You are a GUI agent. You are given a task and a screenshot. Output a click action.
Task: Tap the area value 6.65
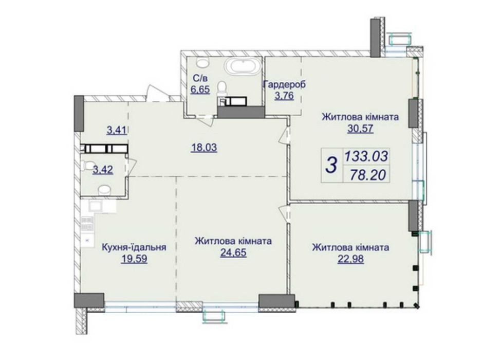200,89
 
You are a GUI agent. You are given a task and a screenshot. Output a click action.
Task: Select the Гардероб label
284,85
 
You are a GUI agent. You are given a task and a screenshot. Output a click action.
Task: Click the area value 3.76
284,96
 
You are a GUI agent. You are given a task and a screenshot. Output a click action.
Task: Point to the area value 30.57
360,129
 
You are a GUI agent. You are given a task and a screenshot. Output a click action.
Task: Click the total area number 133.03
366,157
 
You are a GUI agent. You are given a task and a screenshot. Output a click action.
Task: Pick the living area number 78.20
368,174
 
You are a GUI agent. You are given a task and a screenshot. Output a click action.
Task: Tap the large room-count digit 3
332,165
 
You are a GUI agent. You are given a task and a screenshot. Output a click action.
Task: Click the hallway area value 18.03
204,148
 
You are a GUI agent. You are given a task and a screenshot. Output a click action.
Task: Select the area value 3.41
116,130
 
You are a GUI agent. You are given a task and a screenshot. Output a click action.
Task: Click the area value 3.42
103,169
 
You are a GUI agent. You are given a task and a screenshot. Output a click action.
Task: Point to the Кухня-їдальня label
134,247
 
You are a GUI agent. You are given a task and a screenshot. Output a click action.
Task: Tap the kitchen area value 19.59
134,259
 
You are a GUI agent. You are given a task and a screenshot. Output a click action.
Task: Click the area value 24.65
233,253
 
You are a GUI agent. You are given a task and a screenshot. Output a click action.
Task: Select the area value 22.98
350,259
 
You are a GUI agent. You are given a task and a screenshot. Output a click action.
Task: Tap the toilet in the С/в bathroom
221,87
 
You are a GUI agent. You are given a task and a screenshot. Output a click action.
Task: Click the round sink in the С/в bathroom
201,62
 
